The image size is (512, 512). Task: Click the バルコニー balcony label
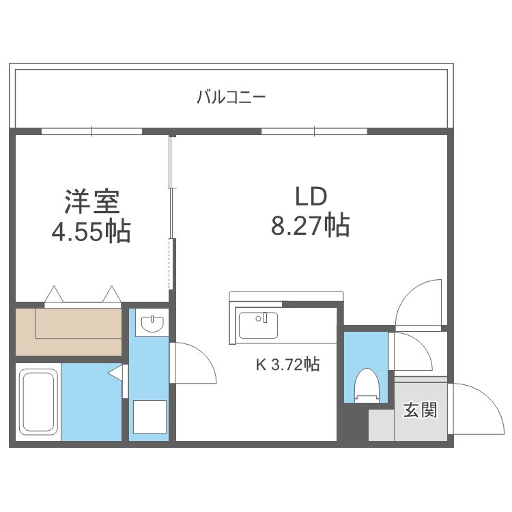[231, 97]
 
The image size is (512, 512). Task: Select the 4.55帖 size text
[91, 232]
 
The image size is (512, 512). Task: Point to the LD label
[311, 197]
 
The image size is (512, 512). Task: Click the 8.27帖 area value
[311, 225]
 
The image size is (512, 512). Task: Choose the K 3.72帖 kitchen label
[287, 365]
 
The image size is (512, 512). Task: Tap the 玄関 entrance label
[419, 410]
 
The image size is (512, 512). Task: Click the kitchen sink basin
[258, 324]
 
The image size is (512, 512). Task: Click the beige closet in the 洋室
[68, 330]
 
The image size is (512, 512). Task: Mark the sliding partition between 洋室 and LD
[172, 212]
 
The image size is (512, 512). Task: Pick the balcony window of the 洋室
[91, 131]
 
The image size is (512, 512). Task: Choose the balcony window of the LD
[314, 131]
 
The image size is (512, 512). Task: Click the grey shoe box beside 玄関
[381, 425]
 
